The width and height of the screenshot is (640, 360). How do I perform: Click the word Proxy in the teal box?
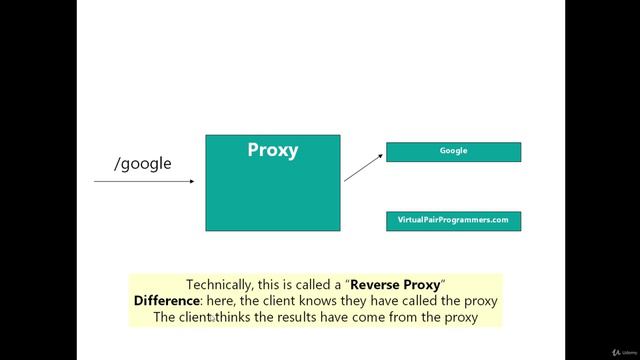click(x=272, y=151)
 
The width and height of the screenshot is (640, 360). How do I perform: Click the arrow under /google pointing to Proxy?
click(x=146, y=182)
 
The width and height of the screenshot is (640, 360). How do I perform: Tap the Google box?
click(x=453, y=152)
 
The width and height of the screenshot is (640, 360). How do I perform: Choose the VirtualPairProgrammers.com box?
click(x=453, y=221)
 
